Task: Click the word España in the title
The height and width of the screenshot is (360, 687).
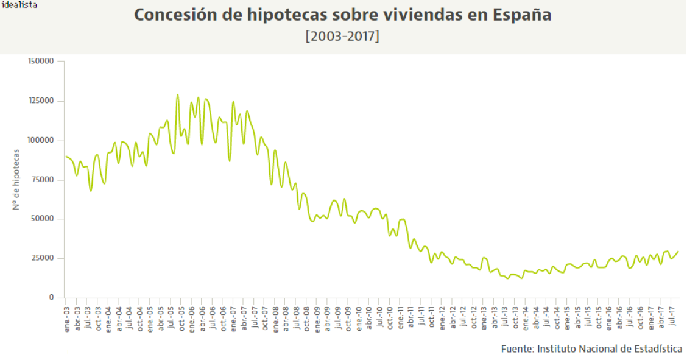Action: click(522, 15)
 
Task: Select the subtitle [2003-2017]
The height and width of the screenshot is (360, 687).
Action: click(342, 36)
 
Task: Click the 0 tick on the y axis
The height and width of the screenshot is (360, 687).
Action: click(52, 298)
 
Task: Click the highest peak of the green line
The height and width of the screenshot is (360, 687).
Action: click(177, 95)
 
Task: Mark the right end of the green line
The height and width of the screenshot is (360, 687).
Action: click(678, 251)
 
